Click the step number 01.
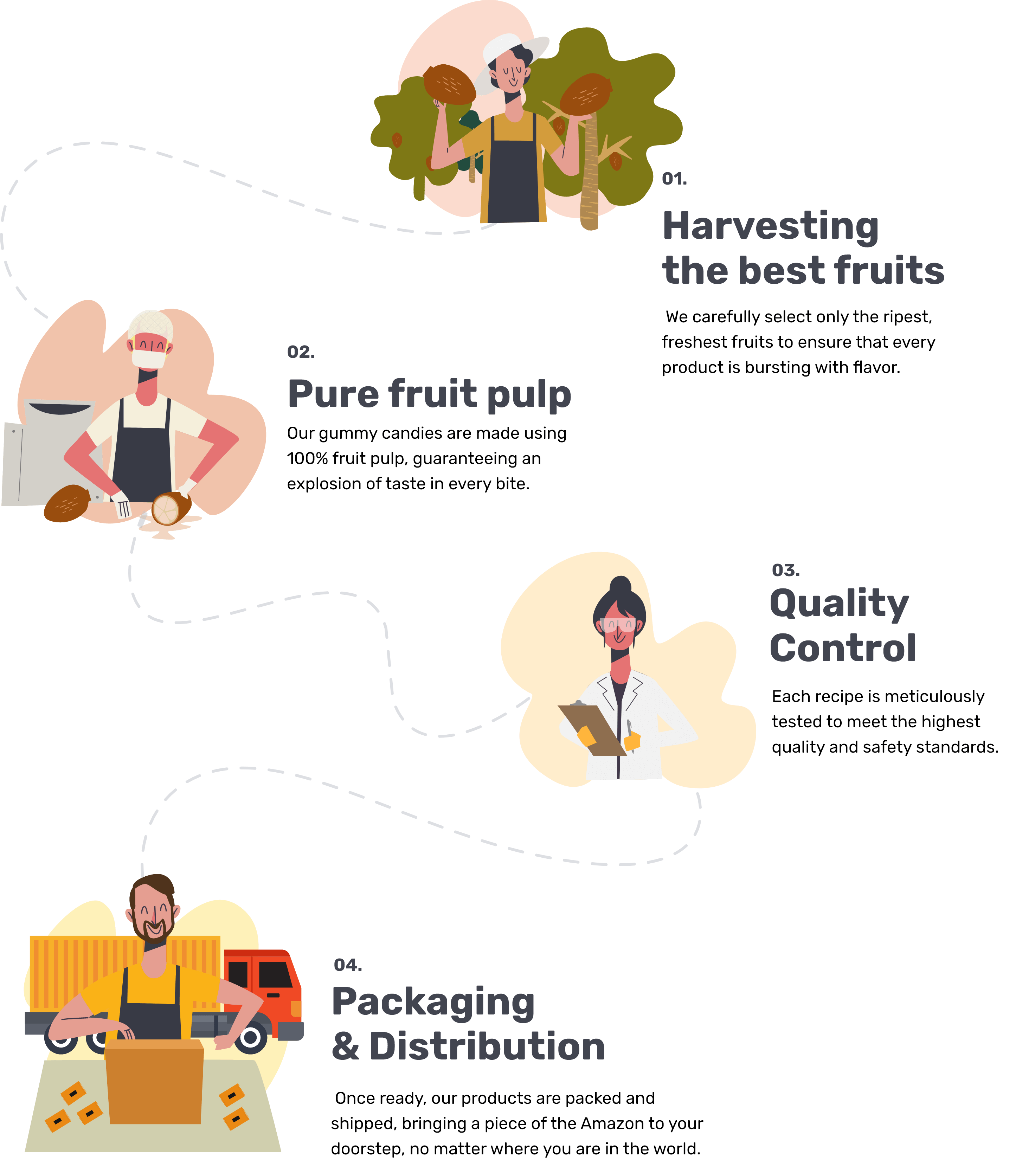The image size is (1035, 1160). click(674, 179)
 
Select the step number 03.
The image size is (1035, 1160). click(785, 570)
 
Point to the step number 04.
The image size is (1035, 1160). click(347, 965)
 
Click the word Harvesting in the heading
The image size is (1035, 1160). click(771, 226)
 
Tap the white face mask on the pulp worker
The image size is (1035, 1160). click(149, 358)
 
